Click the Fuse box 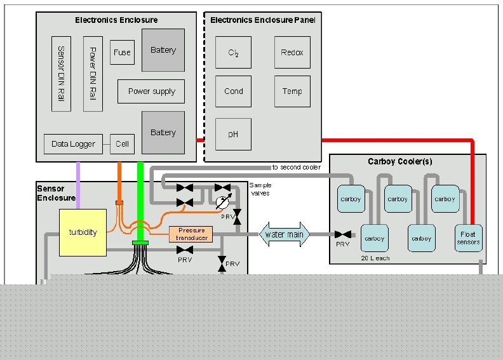pos(121,53)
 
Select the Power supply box pos(151,91)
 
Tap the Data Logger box pos(73,144)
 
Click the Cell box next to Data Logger pos(122,144)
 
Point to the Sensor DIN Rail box pos(61,73)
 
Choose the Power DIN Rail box pos(93,73)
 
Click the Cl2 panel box pos(233,53)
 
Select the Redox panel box pos(292,53)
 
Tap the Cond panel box pos(233,91)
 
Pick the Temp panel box pos(292,91)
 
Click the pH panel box pos(233,135)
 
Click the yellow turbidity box pos(83,232)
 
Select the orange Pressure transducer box pos(191,234)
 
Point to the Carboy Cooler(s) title pos(400,161)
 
